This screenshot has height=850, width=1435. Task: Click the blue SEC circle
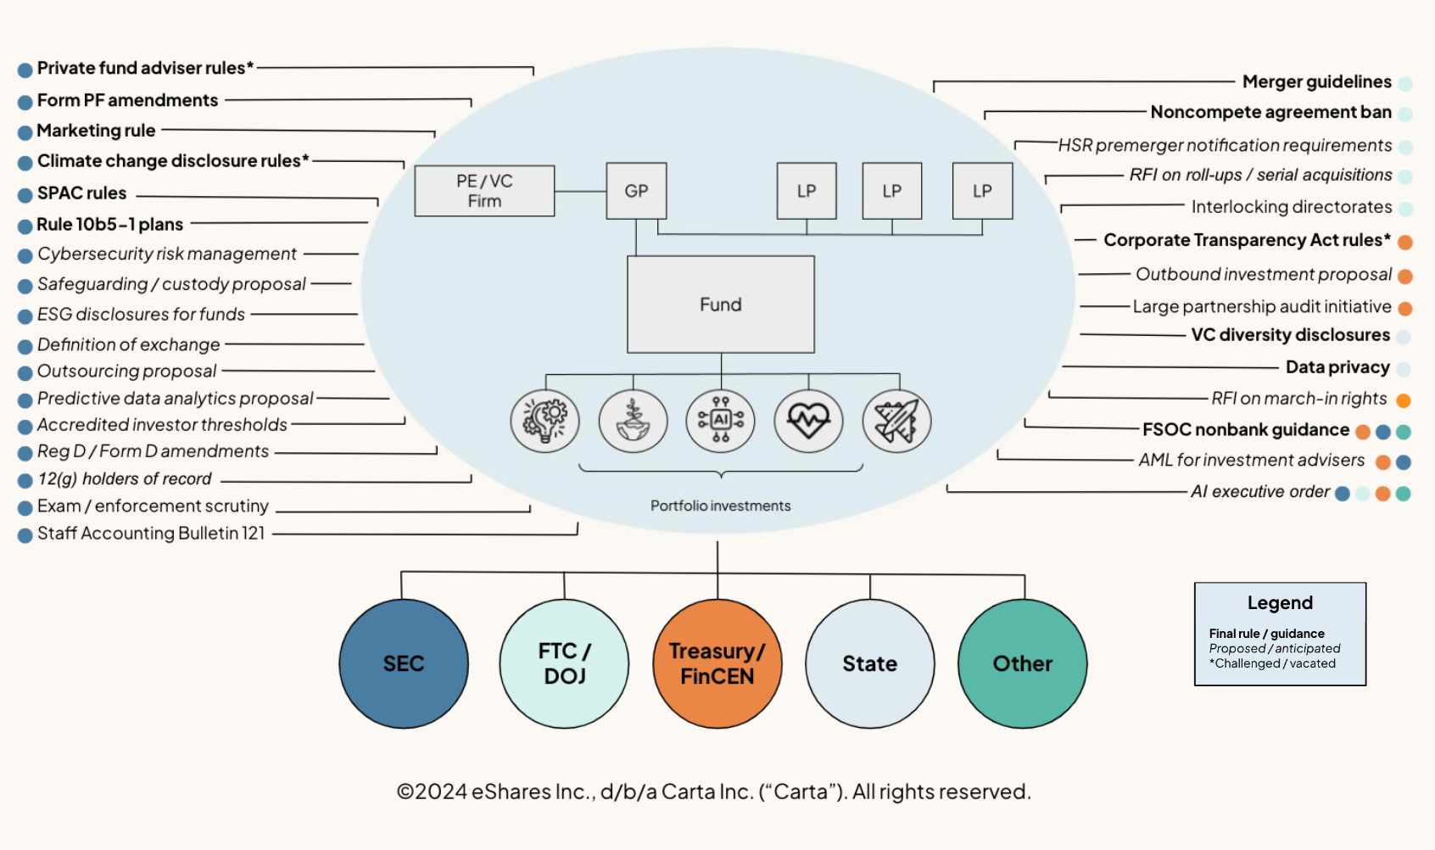click(x=404, y=663)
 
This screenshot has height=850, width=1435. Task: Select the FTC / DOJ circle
click(x=564, y=663)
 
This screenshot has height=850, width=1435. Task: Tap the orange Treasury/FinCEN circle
click(x=717, y=663)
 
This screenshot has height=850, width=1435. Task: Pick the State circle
click(x=870, y=663)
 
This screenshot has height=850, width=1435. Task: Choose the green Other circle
click(x=1023, y=663)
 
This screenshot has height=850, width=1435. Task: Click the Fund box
click(x=721, y=305)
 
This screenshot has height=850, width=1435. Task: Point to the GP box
click(x=636, y=191)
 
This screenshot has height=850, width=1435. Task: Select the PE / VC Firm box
click(x=484, y=191)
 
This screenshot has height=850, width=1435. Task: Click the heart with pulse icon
click(x=808, y=420)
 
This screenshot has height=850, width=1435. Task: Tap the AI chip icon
click(x=721, y=420)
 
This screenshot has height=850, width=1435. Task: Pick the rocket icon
click(x=896, y=420)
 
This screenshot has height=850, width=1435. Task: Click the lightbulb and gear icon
click(x=545, y=420)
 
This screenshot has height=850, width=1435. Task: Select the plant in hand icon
click(x=633, y=420)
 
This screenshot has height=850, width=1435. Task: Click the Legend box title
click(x=1280, y=603)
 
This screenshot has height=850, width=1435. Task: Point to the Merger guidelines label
click(x=1316, y=81)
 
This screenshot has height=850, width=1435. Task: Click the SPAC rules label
click(x=81, y=193)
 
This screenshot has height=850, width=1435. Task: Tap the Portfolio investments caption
click(x=721, y=506)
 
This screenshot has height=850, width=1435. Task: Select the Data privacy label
click(x=1337, y=367)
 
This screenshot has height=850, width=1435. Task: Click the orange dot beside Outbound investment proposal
click(x=1405, y=277)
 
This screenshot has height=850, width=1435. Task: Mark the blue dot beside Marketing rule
click(x=25, y=132)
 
